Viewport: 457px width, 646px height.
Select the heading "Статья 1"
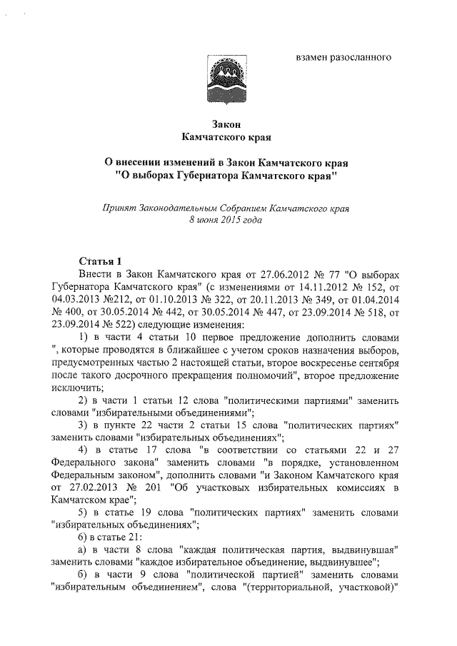(x=100, y=260)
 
